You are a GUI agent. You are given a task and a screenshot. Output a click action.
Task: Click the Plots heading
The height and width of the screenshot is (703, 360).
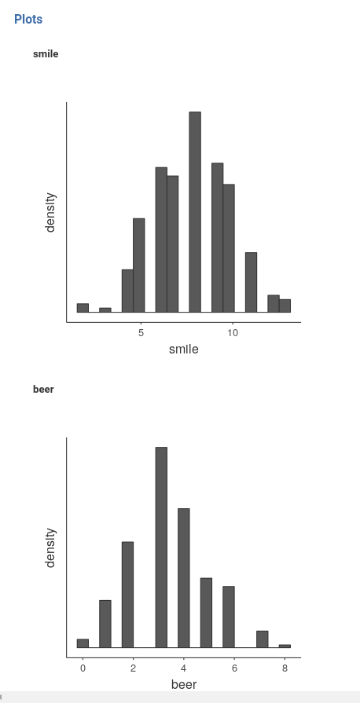[28, 19]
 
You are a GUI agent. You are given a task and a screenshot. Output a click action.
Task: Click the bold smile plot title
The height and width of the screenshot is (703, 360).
[46, 54]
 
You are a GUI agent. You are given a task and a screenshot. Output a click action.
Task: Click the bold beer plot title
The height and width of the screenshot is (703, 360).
[43, 389]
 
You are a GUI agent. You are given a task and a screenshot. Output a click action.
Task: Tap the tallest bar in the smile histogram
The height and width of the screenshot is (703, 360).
[195, 212]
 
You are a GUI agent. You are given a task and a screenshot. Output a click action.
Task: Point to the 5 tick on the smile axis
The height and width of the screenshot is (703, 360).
[141, 333]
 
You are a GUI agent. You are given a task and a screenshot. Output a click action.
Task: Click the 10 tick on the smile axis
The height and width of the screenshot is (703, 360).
[233, 333]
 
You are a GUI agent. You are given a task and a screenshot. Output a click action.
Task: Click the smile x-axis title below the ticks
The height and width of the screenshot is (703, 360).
[184, 349]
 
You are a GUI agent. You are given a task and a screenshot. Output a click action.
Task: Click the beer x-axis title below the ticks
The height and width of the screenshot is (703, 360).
[184, 684]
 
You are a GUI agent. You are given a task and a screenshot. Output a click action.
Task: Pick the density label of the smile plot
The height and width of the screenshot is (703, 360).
[51, 212]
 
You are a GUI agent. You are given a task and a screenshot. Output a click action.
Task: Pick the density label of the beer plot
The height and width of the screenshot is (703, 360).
[51, 547]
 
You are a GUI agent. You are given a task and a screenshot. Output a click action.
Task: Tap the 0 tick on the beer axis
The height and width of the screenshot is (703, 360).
[83, 668]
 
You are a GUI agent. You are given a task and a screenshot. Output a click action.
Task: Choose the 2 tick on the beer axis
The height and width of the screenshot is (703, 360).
[133, 668]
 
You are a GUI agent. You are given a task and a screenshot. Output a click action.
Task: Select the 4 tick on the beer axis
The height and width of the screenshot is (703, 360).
[183, 668]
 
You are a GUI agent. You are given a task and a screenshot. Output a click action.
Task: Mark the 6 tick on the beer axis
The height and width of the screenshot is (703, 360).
[234, 668]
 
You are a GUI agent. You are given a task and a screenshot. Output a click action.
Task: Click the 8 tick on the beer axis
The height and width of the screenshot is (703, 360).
[285, 668]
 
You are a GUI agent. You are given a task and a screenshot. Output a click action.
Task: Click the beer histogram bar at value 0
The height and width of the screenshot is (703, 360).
[83, 643]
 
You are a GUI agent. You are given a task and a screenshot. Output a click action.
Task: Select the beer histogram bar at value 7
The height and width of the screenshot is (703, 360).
[263, 639]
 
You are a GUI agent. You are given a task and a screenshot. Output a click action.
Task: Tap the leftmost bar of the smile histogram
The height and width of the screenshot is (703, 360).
[83, 308]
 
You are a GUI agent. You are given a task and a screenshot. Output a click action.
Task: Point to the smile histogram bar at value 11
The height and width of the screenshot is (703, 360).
[252, 282]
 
